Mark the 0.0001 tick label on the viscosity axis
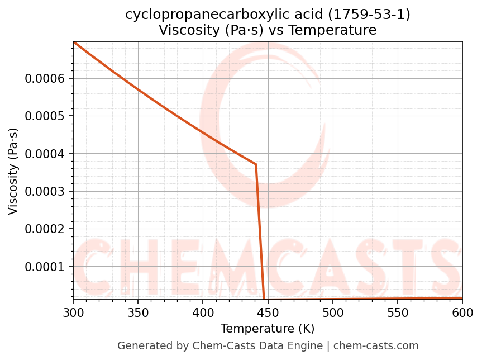[x=45, y=267]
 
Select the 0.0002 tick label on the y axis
[x=45, y=229]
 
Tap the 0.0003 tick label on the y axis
[x=45, y=192]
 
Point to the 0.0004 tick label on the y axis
[x=45, y=154]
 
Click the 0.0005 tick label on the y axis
[x=45, y=116]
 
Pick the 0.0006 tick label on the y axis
[x=45, y=79]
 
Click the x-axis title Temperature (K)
[x=268, y=329]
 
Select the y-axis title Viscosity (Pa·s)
[x=13, y=171]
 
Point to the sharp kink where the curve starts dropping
[x=256, y=164]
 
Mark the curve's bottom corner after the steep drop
[x=264, y=299]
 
